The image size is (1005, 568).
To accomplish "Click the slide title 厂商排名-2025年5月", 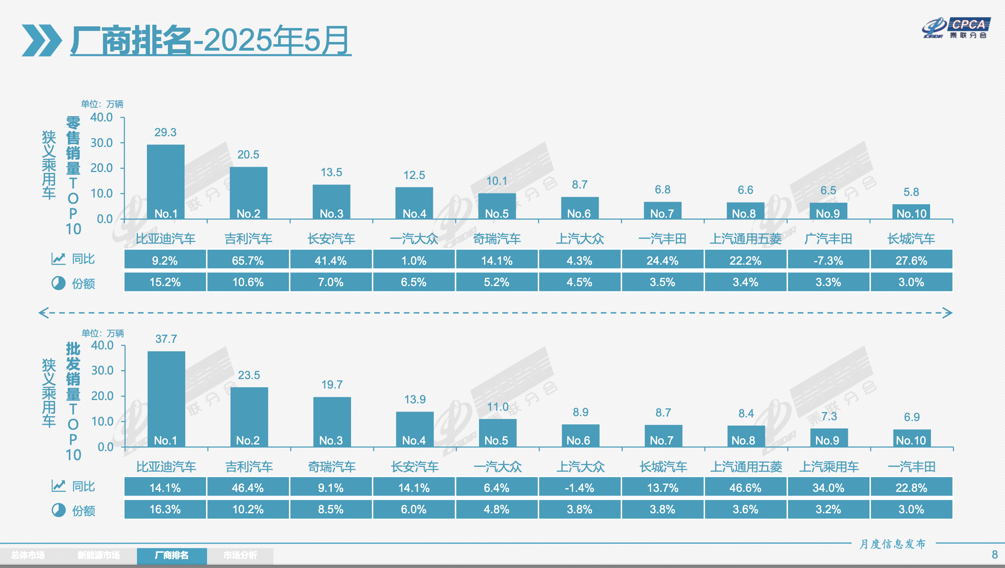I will (210, 40).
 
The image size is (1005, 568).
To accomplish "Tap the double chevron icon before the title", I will (41, 40).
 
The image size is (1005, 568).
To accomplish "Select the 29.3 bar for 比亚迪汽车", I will (165, 181).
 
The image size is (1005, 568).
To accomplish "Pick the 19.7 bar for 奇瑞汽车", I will (332, 421).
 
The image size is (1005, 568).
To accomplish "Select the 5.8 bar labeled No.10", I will (911, 212).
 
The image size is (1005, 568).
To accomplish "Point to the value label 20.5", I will (248, 155).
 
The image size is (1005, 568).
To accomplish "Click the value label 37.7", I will (166, 339).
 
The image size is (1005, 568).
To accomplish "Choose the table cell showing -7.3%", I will (828, 260).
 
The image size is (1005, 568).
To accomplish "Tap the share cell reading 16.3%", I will (165, 509).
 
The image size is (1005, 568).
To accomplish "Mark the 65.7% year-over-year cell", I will (248, 260).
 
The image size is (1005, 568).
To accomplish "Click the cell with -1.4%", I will (579, 488).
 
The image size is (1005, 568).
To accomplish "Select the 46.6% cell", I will (745, 488).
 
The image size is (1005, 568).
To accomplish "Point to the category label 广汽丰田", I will (828, 239).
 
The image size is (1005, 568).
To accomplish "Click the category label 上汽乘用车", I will (829, 467).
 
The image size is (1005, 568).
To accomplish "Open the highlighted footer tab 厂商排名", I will (172, 555).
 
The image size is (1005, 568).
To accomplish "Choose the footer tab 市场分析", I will (240, 555).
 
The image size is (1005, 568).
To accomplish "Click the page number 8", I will (995, 554).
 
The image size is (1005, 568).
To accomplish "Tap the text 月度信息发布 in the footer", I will (893, 544).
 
